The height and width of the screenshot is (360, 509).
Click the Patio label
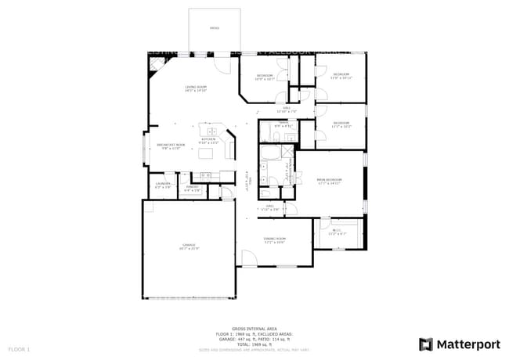[x=215, y=28]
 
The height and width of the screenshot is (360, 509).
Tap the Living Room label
[x=196, y=88]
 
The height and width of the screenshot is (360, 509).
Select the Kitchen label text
[x=208, y=141]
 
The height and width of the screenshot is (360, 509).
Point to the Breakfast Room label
[x=171, y=146]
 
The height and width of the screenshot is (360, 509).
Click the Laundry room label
[x=163, y=186]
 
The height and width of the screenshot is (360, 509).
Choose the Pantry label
[x=193, y=189]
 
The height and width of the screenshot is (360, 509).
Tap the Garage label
[x=189, y=247]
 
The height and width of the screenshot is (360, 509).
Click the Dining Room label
[x=274, y=239]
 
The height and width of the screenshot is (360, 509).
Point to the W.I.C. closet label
[x=336, y=232]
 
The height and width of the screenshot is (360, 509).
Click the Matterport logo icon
[x=426, y=344]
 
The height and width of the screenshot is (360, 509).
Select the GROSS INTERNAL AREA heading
[x=254, y=328]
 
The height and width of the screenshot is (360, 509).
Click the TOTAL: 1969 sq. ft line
[x=254, y=344]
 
